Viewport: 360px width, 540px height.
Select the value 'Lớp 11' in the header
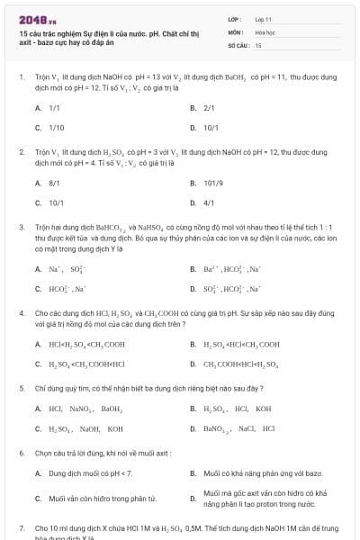pyautogui.click(x=264, y=19)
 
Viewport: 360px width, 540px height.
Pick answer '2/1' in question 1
pyautogui.click(x=209, y=107)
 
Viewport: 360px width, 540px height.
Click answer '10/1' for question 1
pyautogui.click(x=211, y=128)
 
